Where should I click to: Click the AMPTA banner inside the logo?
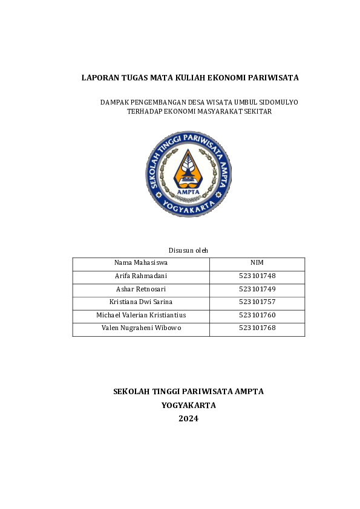pos(188,191)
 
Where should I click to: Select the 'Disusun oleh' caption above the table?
pos(188,250)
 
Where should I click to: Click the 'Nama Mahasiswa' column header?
pos(141,263)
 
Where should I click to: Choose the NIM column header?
pos(257,263)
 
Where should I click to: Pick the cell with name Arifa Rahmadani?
pos(141,276)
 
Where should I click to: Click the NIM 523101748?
pos(257,276)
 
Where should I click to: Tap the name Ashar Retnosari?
pos(141,290)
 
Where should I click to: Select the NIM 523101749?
pos(257,290)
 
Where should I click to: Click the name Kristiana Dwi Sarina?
pos(141,302)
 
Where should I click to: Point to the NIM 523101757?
pos(257,302)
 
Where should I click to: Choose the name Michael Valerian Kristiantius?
pos(141,316)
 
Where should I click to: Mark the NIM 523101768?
pos(257,328)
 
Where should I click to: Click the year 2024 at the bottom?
pos(188,418)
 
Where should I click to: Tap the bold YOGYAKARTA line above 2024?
pos(188,405)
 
